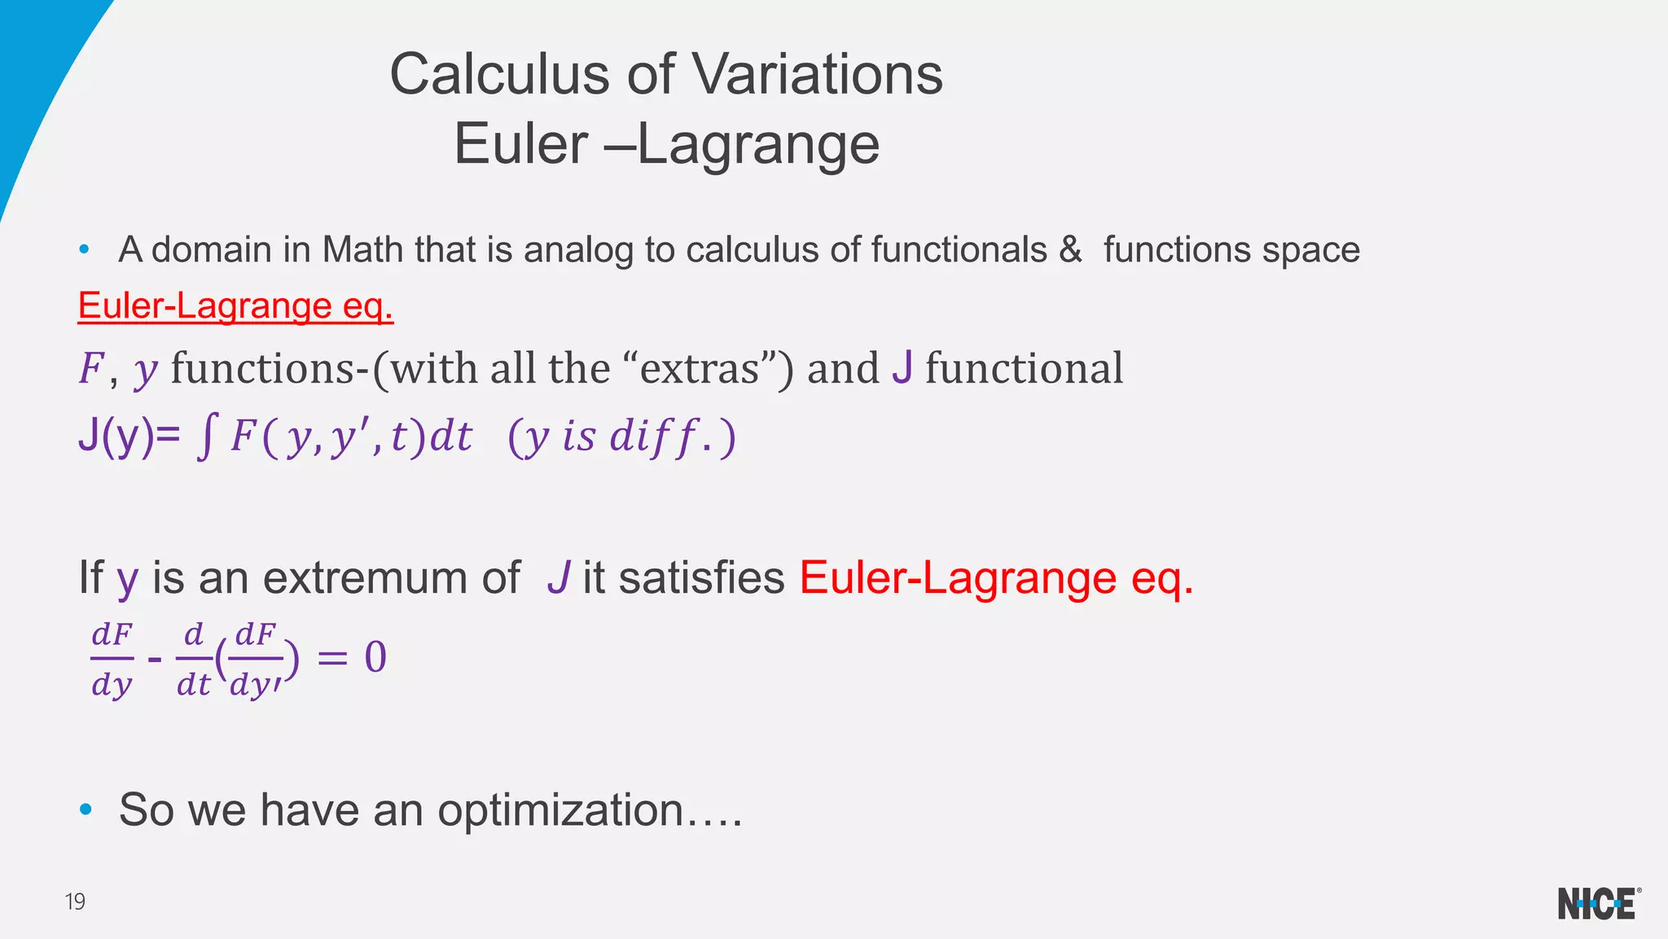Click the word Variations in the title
[x=817, y=74]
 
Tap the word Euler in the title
[x=521, y=145]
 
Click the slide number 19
[x=75, y=902]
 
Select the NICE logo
[x=1598, y=904]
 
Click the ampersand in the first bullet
[x=1070, y=249]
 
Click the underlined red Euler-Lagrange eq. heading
[x=235, y=306]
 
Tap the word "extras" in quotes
[x=700, y=368]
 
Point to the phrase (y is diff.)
[x=621, y=437]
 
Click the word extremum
[x=391, y=577]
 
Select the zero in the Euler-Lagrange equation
[x=375, y=657]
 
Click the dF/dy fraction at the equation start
[x=112, y=658]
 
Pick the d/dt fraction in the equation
[x=194, y=658]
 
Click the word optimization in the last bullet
[x=560, y=810]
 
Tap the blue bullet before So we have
[x=86, y=810]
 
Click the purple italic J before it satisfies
[x=558, y=577]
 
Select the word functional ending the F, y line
[x=1024, y=368]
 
